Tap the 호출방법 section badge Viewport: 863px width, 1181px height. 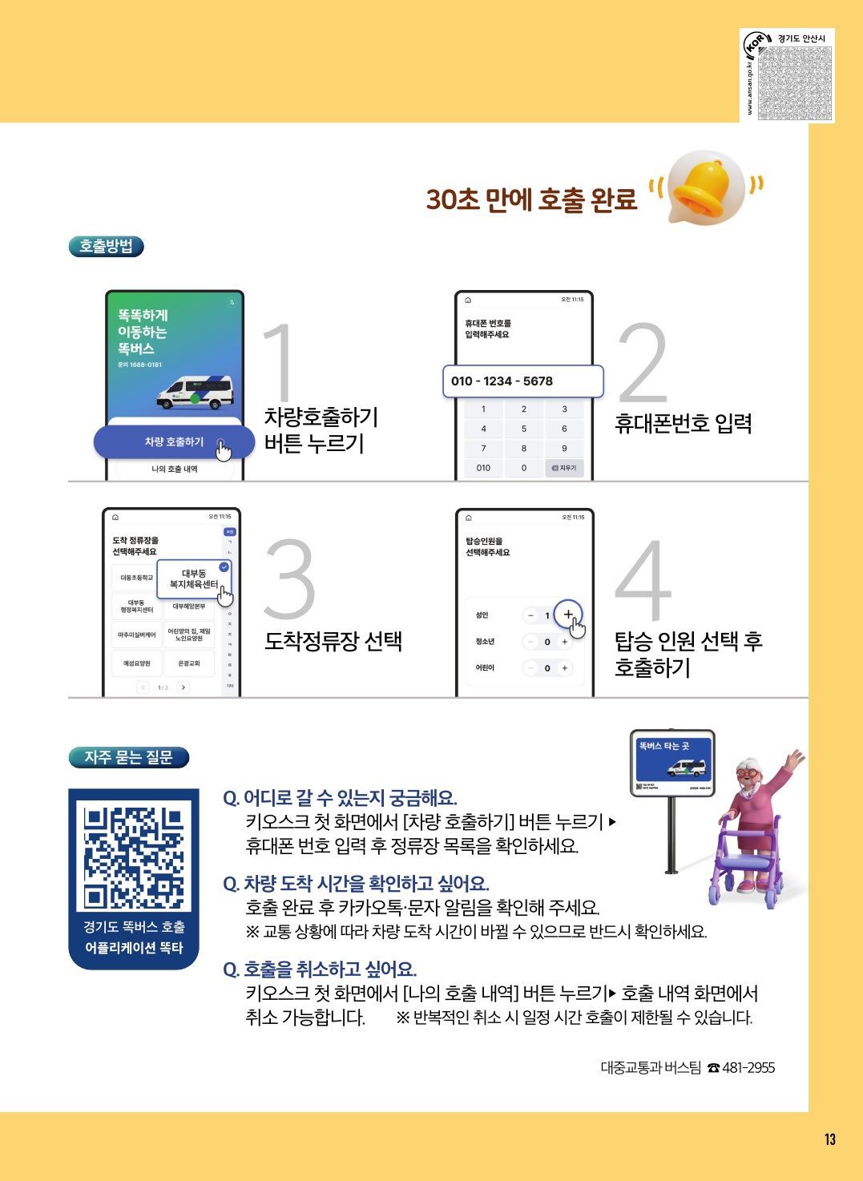106,246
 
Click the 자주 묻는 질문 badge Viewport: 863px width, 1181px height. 128,757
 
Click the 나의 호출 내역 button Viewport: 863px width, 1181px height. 175,469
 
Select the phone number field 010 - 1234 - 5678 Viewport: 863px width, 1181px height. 522,381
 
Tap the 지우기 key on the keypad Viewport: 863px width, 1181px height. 564,468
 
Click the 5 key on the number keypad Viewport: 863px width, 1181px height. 524,429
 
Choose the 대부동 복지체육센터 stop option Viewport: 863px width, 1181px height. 194,579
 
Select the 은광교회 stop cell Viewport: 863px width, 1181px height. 189,663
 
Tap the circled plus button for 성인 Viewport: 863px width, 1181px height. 567,615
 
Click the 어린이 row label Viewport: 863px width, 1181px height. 485,667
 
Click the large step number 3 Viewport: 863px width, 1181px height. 289,580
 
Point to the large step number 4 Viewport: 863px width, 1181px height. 643,580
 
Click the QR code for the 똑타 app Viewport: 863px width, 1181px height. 134,857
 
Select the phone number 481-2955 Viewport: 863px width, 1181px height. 748,1067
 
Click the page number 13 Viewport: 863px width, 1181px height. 829,1139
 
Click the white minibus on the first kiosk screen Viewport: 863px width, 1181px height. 196,392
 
